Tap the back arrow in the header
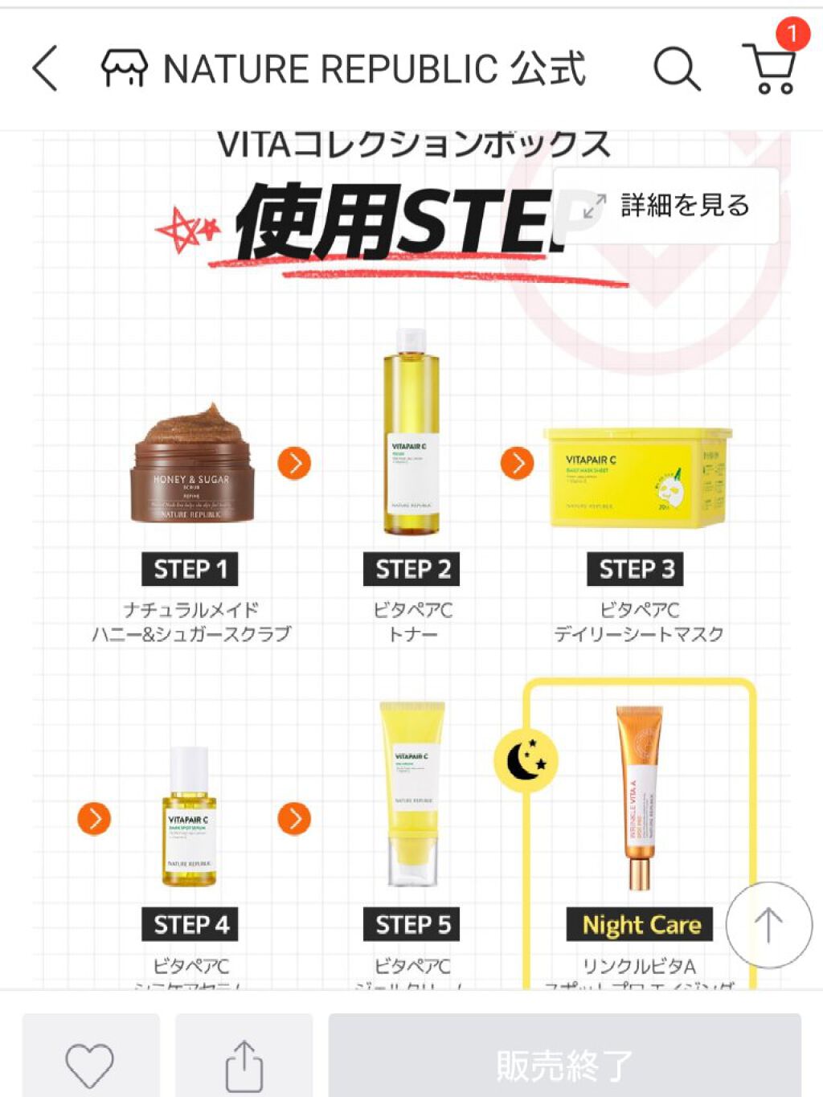(x=45, y=68)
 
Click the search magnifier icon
(x=676, y=68)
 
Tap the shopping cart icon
(x=770, y=70)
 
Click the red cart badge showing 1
(x=792, y=34)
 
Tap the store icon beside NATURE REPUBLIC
(x=124, y=68)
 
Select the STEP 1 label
(x=190, y=569)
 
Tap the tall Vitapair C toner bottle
(x=411, y=434)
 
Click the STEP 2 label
(x=412, y=569)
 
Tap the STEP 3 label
(x=637, y=569)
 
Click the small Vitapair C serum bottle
(x=190, y=818)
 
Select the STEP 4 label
(x=190, y=924)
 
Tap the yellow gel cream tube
(x=412, y=792)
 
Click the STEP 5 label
(x=412, y=924)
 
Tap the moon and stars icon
(x=526, y=760)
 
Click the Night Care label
(x=641, y=925)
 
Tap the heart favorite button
(x=89, y=1065)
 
